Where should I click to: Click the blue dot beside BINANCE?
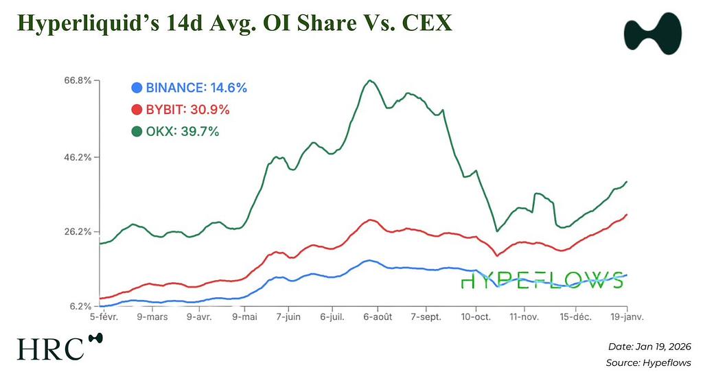click(x=137, y=88)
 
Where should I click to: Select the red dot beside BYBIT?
click(x=137, y=110)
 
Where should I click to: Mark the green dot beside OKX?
click(x=137, y=131)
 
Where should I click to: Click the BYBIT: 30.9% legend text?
click(x=187, y=110)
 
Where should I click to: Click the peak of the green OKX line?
click(x=370, y=80)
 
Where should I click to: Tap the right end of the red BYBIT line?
click(x=627, y=215)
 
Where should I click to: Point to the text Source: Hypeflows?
click(x=648, y=362)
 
